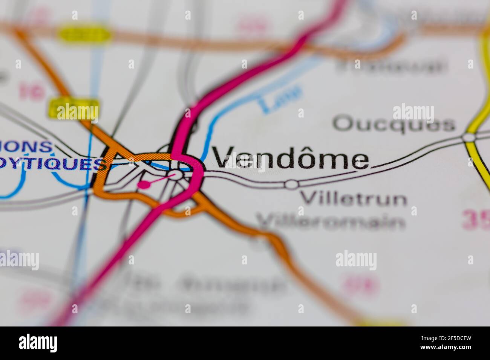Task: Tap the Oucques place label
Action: click(394, 124)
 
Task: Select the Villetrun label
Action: click(354, 198)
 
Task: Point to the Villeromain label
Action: click(331, 222)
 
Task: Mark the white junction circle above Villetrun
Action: click(291, 184)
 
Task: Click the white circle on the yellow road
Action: click(469, 137)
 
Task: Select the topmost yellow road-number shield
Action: click(85, 34)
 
